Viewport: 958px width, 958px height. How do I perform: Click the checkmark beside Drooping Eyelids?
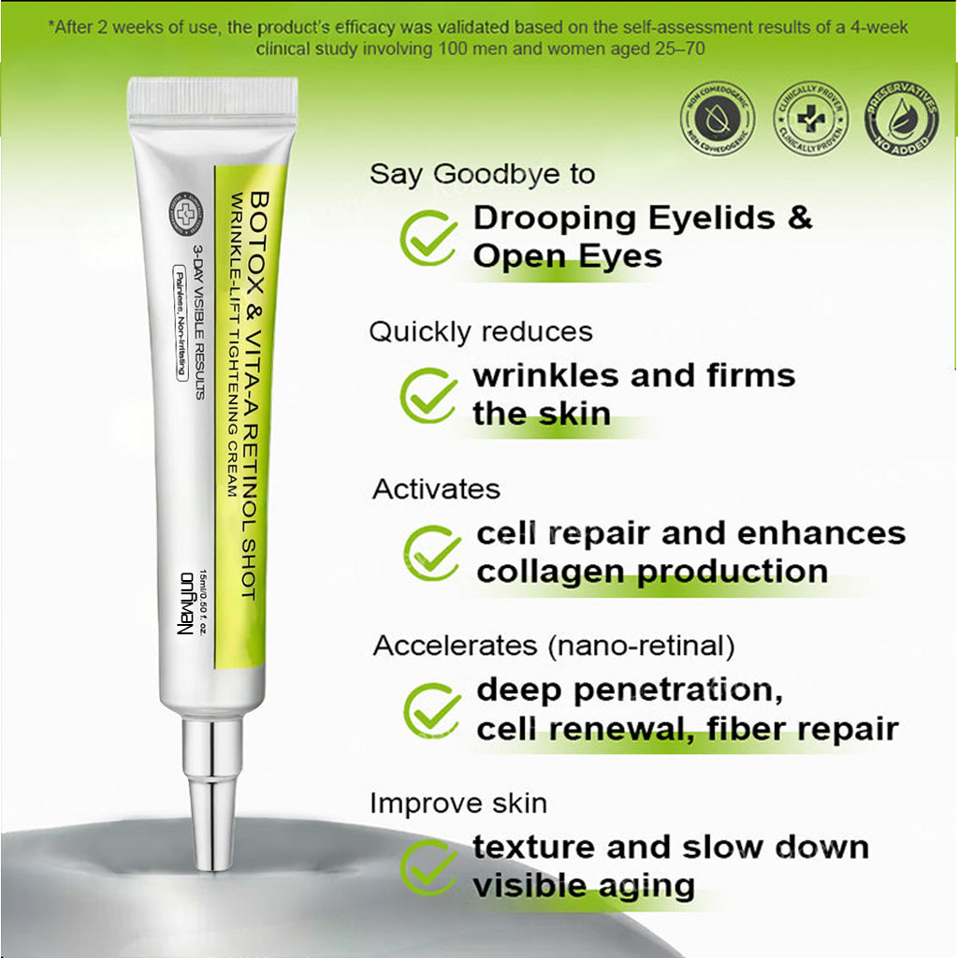[x=429, y=237]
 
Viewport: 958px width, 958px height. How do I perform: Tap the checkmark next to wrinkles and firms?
[x=429, y=395]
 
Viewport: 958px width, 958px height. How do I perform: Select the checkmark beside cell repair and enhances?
[x=432, y=552]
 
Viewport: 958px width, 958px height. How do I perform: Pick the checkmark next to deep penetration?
[x=432, y=710]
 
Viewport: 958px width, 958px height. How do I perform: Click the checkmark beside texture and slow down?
[x=429, y=866]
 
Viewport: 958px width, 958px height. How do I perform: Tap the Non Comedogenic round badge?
[x=718, y=118]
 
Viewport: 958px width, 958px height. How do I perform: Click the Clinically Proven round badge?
[x=810, y=118]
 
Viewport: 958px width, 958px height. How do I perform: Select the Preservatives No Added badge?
[x=902, y=118]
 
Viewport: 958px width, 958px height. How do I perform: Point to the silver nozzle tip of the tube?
[x=212, y=795]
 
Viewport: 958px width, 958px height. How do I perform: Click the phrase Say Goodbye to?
[x=482, y=174]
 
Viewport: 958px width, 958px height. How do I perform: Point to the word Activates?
[x=436, y=489]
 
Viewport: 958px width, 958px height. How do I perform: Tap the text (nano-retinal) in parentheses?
[x=642, y=646]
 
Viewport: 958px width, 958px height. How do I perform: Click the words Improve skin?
[x=458, y=804]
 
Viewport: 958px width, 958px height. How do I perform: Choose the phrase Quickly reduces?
[x=481, y=332]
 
